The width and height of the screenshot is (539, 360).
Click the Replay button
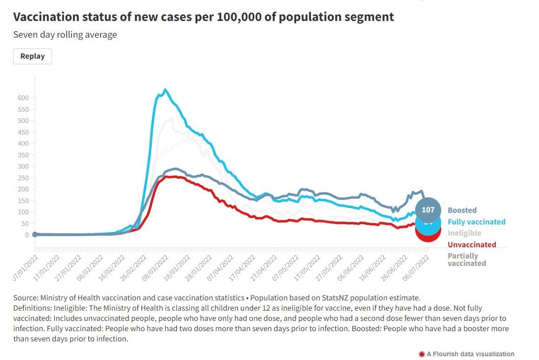pos(33,56)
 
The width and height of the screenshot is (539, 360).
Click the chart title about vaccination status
pos(203,17)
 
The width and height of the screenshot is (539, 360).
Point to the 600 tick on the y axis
pos(23,98)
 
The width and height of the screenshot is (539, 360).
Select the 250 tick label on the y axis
pos(23,178)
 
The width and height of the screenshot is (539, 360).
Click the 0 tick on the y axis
pos(27,235)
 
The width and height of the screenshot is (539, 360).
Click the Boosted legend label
pos(462,210)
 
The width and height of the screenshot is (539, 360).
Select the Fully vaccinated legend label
pos(476,222)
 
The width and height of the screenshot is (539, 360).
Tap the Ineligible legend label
pos(464,233)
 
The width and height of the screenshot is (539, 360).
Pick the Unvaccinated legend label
pos(472,245)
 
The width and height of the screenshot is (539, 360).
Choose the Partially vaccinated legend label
pos(466,259)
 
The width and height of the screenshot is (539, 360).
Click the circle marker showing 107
pos(428,210)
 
